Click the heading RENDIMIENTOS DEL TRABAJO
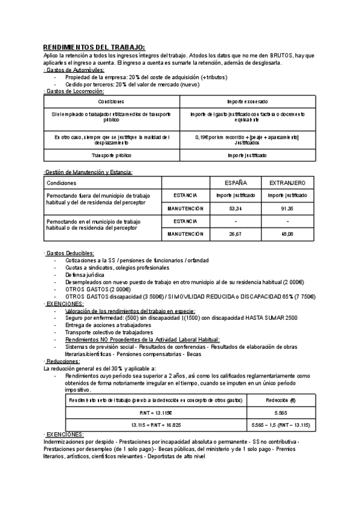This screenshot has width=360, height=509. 94,47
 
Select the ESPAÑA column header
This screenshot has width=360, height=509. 236,182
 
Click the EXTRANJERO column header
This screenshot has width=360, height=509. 287,182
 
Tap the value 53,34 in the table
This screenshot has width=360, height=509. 236,208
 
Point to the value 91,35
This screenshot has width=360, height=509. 287,208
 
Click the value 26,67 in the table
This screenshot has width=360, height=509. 236,234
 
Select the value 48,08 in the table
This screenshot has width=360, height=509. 287,234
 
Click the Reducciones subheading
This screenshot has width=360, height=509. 62,361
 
